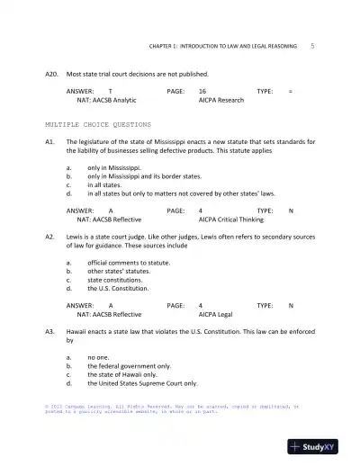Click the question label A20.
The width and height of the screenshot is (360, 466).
(51, 74)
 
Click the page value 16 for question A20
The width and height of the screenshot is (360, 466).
(202, 92)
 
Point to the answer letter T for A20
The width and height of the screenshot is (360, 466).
(110, 92)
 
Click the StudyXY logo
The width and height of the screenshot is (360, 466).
(319, 446)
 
